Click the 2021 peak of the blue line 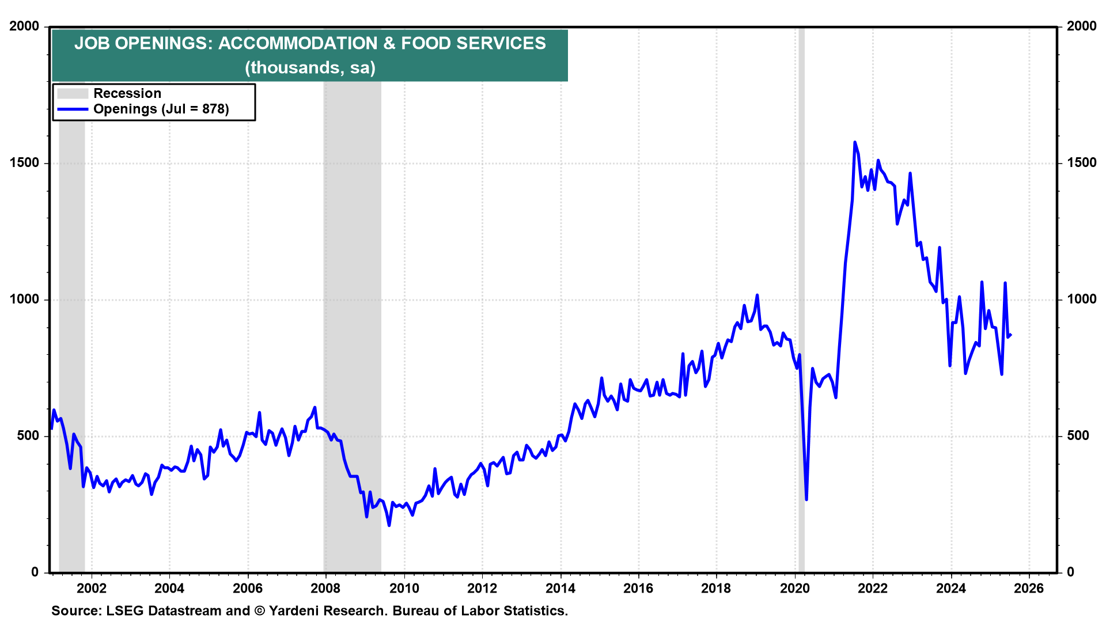[854, 142]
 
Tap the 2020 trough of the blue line [806, 499]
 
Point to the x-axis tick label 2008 [325, 588]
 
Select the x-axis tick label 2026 [1029, 588]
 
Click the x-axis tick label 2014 [560, 588]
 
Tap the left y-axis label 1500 [24, 163]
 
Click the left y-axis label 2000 [24, 26]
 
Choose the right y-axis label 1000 [1081, 299]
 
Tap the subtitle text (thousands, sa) [310, 68]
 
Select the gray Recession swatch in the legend [73, 93]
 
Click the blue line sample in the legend [73, 109]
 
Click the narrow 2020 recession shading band [801, 299]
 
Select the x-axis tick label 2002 [92, 588]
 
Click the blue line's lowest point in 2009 [389, 525]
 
